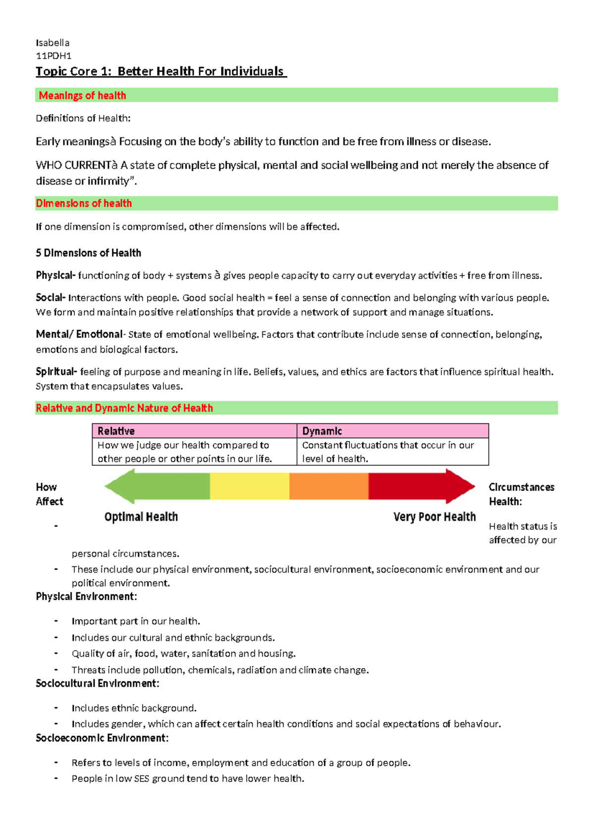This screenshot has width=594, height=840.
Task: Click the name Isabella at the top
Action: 52,43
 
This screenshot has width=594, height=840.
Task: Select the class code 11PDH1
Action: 53,56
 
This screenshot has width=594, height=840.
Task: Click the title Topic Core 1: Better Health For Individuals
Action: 160,72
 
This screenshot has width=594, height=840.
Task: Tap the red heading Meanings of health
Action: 82,96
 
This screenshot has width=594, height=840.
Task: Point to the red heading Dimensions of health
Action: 84,204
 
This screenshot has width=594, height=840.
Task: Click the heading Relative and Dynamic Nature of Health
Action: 124,408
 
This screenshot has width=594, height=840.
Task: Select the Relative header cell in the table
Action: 194,431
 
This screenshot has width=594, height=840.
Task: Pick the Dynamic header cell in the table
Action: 393,431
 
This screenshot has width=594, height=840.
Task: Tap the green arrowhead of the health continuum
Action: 119,486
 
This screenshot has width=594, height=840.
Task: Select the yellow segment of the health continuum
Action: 249,486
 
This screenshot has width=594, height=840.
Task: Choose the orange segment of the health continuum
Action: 329,486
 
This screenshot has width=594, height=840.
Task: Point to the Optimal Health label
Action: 141,517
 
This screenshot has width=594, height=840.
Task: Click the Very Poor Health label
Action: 434,517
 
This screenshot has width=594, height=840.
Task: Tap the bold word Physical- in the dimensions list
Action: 55,275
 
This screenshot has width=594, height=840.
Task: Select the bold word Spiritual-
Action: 56,371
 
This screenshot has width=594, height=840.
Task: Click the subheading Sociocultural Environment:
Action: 98,683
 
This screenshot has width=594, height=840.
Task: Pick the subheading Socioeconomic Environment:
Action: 102,738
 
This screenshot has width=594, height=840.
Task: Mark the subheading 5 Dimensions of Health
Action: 89,253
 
